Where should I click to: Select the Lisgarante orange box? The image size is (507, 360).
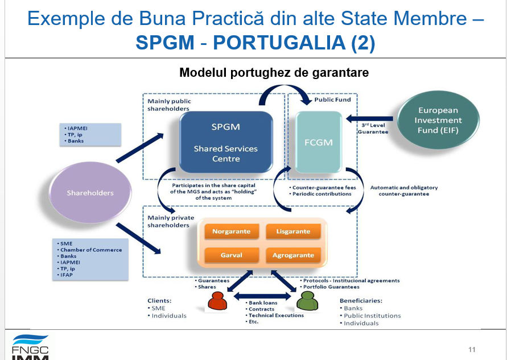tap(293, 231)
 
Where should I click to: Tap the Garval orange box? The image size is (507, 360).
tap(232, 255)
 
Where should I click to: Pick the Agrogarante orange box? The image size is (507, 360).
tap(293, 255)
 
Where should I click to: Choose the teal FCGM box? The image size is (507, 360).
tap(318, 142)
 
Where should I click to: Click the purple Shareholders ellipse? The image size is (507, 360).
tap(90, 193)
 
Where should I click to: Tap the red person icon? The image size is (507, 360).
tap(217, 301)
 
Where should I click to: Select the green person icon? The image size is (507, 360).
tap(307, 301)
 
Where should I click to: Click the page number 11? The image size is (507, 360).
tap(472, 349)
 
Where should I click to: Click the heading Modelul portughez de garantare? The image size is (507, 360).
tap(274, 73)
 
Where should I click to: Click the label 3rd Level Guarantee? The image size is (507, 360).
tap(373, 128)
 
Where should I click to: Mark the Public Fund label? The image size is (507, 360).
tap(333, 100)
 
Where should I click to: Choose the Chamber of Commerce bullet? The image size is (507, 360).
tap(92, 250)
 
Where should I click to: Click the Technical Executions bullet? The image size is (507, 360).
tap(276, 315)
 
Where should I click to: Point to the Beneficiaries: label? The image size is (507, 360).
tap(361, 300)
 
